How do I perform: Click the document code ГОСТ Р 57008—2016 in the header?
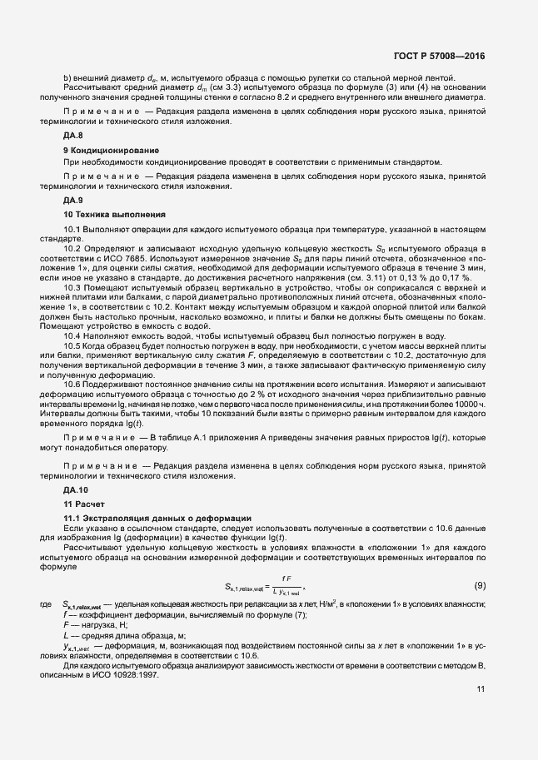(x=439, y=56)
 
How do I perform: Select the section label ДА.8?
(x=73, y=135)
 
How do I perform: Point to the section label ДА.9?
(x=73, y=201)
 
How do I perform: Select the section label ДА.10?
(x=76, y=491)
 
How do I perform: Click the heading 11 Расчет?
(x=84, y=504)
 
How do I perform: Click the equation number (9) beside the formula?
(x=480, y=585)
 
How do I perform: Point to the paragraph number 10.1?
(x=71, y=228)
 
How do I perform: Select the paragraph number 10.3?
(x=71, y=286)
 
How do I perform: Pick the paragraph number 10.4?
(x=71, y=335)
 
